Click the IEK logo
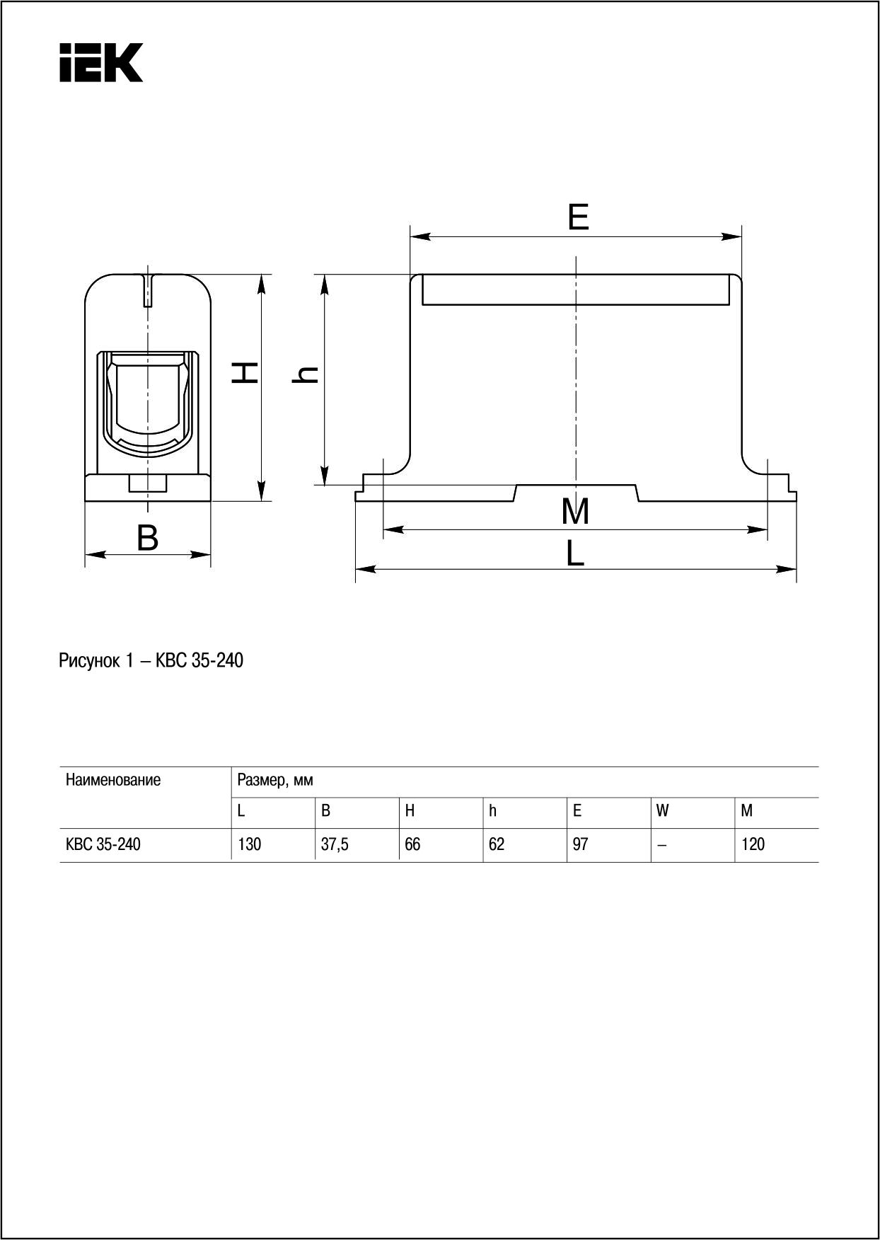click(x=101, y=62)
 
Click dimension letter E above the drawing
click(x=578, y=217)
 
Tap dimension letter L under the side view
click(x=575, y=553)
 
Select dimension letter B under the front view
click(x=147, y=539)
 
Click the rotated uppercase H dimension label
click(x=245, y=373)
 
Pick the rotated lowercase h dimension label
click(x=305, y=374)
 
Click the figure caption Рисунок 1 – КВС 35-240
click(x=151, y=661)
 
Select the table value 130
click(x=249, y=844)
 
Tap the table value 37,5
click(x=334, y=844)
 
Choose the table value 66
click(x=412, y=844)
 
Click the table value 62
click(x=497, y=844)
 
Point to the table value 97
click(x=580, y=844)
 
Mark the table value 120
click(x=753, y=844)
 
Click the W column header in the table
click(x=662, y=811)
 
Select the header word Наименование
click(x=113, y=780)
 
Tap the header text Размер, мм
click(x=275, y=781)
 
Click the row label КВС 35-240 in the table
click(x=103, y=844)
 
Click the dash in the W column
click(x=661, y=845)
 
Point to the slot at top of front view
click(x=147, y=290)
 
